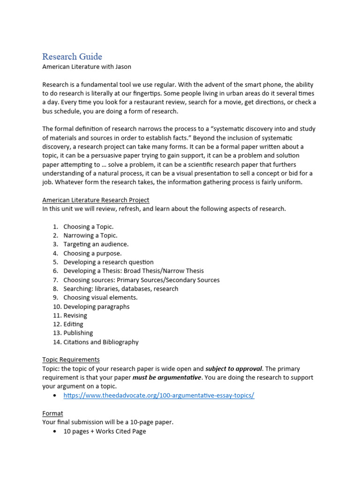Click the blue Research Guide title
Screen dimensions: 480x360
pos(72,57)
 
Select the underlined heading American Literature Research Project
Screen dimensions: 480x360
pos(96,200)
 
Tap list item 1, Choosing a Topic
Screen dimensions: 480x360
pos(88,226)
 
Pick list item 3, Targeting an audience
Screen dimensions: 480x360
pos(96,244)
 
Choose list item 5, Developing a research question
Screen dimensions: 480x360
pos(108,262)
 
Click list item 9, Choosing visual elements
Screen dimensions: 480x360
pos(100,298)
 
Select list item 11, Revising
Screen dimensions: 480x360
pos(75,315)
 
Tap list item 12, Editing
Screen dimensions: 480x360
pos(73,324)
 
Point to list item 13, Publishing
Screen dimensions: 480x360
pos(78,333)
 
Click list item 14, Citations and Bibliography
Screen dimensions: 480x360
pos(101,342)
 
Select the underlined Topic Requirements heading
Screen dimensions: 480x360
pos(71,360)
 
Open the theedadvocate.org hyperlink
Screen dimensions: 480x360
pos(159,395)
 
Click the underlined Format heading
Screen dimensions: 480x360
pos(52,413)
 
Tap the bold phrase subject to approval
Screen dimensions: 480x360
pos(233,368)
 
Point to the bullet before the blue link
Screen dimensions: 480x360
pos(56,396)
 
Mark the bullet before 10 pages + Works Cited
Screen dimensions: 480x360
pos(56,431)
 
